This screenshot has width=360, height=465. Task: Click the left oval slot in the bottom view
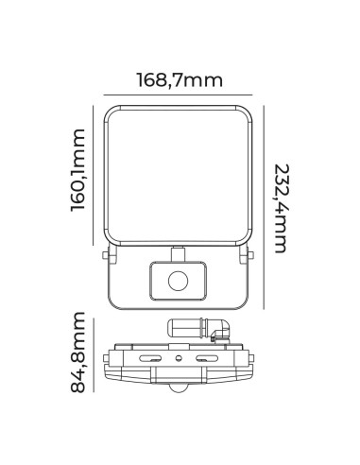point(150,360)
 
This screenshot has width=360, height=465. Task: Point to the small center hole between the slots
point(177,361)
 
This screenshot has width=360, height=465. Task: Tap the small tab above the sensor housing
point(177,252)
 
